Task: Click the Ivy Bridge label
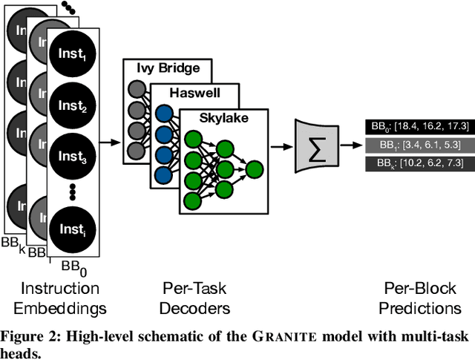(x=166, y=68)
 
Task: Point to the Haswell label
(x=194, y=94)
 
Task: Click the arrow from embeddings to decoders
(x=111, y=140)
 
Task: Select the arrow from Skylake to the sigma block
(x=281, y=146)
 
